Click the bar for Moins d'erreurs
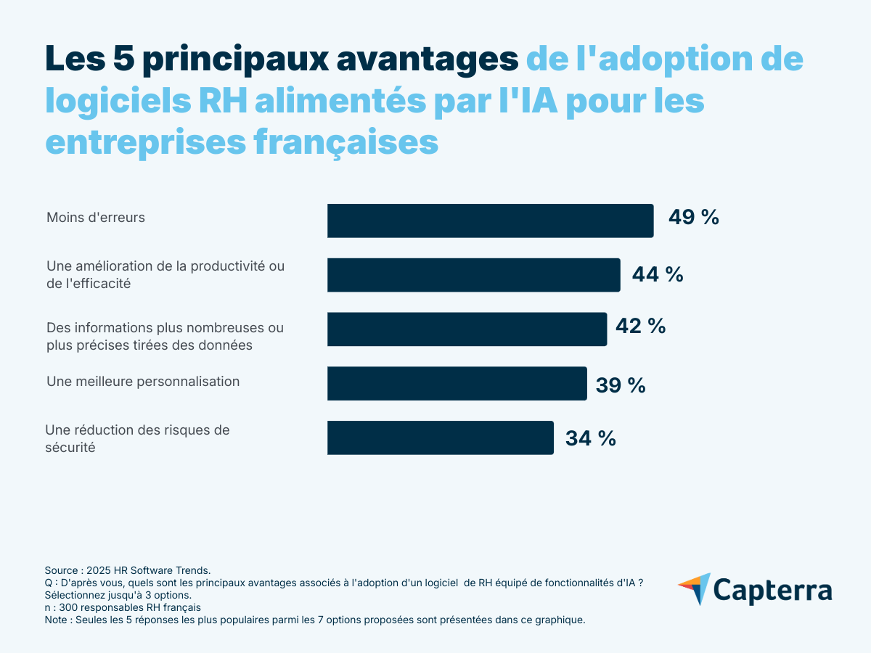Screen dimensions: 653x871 [x=490, y=221]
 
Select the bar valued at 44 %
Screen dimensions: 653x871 [x=473, y=275]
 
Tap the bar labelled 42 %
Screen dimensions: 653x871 [x=467, y=329]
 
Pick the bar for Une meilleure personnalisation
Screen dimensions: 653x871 [x=457, y=383]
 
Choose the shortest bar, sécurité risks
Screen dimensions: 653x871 [x=440, y=438]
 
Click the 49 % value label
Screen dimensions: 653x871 [x=693, y=217]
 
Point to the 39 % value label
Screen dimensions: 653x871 [x=621, y=385]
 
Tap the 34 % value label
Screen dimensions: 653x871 [x=591, y=438]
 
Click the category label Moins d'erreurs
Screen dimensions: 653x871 [x=96, y=218]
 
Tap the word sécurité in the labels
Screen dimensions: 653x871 [x=70, y=448]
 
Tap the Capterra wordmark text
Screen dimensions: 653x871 [x=772, y=590]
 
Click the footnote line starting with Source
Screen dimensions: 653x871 [x=127, y=571]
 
